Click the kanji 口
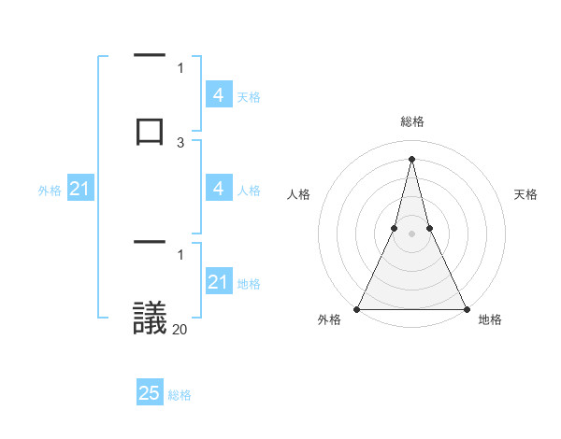(150, 129)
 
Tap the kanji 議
(150, 318)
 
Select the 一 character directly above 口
(150, 56)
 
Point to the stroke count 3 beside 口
(180, 142)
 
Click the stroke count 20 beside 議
(180, 329)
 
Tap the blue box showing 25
(150, 393)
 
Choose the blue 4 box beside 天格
(219, 95)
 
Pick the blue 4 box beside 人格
(219, 189)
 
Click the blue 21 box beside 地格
(219, 282)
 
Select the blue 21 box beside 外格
(79, 190)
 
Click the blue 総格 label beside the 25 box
(180, 395)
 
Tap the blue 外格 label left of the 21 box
(50, 191)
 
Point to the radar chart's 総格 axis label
(411, 121)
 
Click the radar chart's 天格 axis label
(525, 194)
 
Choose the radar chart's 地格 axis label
(490, 319)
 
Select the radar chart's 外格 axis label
(329, 319)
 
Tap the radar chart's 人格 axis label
(298, 194)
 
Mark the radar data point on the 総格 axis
(411, 159)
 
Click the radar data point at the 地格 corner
(466, 308)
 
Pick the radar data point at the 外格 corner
(357, 308)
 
